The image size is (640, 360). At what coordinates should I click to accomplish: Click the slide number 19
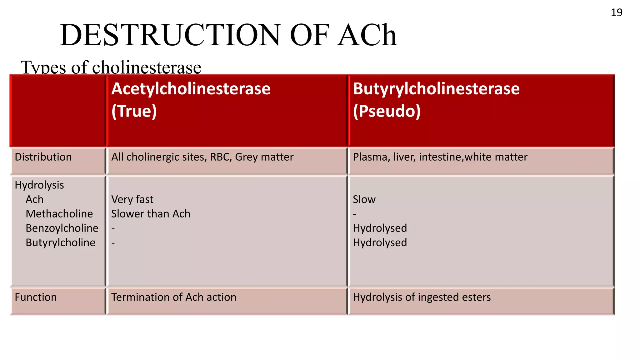point(616,12)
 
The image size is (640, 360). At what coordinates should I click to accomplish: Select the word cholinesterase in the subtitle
point(147,67)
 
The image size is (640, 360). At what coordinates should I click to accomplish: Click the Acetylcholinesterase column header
point(191,89)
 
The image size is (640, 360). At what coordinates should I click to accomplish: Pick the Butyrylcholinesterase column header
point(436,89)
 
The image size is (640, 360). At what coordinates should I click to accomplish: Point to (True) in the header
point(134,111)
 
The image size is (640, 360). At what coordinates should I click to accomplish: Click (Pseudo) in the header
point(387,111)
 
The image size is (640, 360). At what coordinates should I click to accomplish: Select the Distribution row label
point(43,157)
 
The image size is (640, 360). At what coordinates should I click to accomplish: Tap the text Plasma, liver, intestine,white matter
point(440,157)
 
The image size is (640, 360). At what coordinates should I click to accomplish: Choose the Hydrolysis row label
point(39,185)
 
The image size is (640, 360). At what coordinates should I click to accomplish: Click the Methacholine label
point(59,214)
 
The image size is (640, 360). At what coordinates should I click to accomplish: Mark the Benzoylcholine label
point(62,228)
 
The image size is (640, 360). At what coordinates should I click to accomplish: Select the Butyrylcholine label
point(60,242)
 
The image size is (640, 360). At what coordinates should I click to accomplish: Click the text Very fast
point(132,199)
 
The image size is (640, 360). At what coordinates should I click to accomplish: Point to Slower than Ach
point(151,214)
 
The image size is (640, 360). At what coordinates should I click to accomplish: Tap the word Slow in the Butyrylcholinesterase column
point(364,199)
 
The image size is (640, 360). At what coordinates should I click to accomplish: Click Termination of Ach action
point(174,297)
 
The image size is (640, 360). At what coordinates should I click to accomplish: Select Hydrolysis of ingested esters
point(422,297)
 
